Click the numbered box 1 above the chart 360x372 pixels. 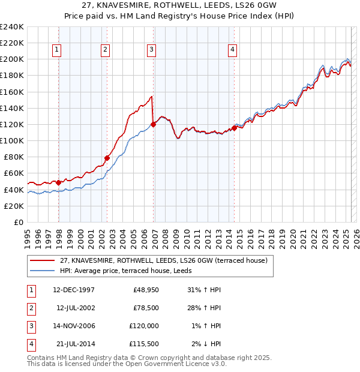click(x=56, y=50)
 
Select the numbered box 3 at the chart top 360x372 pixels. click(x=151, y=50)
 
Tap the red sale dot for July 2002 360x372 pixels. click(x=107, y=158)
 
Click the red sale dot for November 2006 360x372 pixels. click(x=153, y=124)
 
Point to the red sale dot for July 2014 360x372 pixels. click(x=234, y=128)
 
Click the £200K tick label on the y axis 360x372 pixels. click(x=12, y=59)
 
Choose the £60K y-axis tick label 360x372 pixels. click(x=14, y=173)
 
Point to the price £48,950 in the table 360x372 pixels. click(x=145, y=290)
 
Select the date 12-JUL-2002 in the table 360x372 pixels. click(x=76, y=308)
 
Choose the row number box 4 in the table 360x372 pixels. click(x=30, y=344)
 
